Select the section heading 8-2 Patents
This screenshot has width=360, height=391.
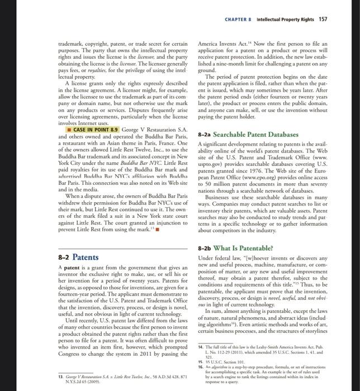pos(78,258)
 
